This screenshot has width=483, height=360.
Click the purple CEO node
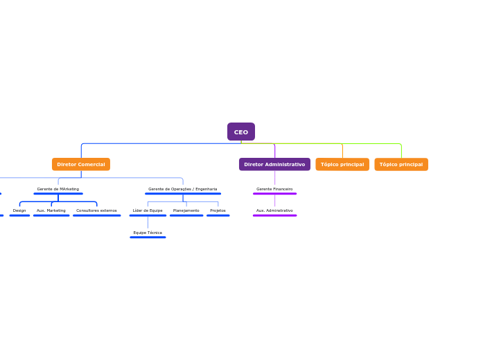click(x=240, y=132)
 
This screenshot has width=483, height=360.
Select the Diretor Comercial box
click(x=81, y=164)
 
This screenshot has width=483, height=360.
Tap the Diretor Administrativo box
click(x=274, y=164)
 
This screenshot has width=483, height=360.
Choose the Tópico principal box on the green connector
click(x=401, y=164)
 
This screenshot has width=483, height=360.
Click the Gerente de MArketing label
click(x=58, y=189)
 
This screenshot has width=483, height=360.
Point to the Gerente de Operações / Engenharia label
click(x=182, y=189)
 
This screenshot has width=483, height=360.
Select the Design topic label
click(x=19, y=210)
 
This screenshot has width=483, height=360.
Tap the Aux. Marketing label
click(x=51, y=210)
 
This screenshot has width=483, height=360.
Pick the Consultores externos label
click(x=96, y=210)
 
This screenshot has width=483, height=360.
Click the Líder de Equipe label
click(x=148, y=210)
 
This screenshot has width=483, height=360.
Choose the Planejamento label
click(x=186, y=210)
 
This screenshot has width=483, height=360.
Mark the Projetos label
click(x=218, y=210)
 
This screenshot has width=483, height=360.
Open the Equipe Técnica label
click(x=148, y=233)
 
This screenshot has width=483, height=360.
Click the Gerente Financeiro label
click(x=274, y=189)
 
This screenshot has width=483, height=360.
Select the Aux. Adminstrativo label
click(x=274, y=210)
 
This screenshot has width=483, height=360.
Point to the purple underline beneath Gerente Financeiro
click(x=274, y=194)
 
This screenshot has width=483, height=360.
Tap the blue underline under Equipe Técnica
click(x=148, y=237)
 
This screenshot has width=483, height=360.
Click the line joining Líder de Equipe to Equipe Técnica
click(x=148, y=223)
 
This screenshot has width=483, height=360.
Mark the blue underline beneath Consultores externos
click(x=96, y=215)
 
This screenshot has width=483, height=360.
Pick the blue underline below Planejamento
click(x=186, y=215)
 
